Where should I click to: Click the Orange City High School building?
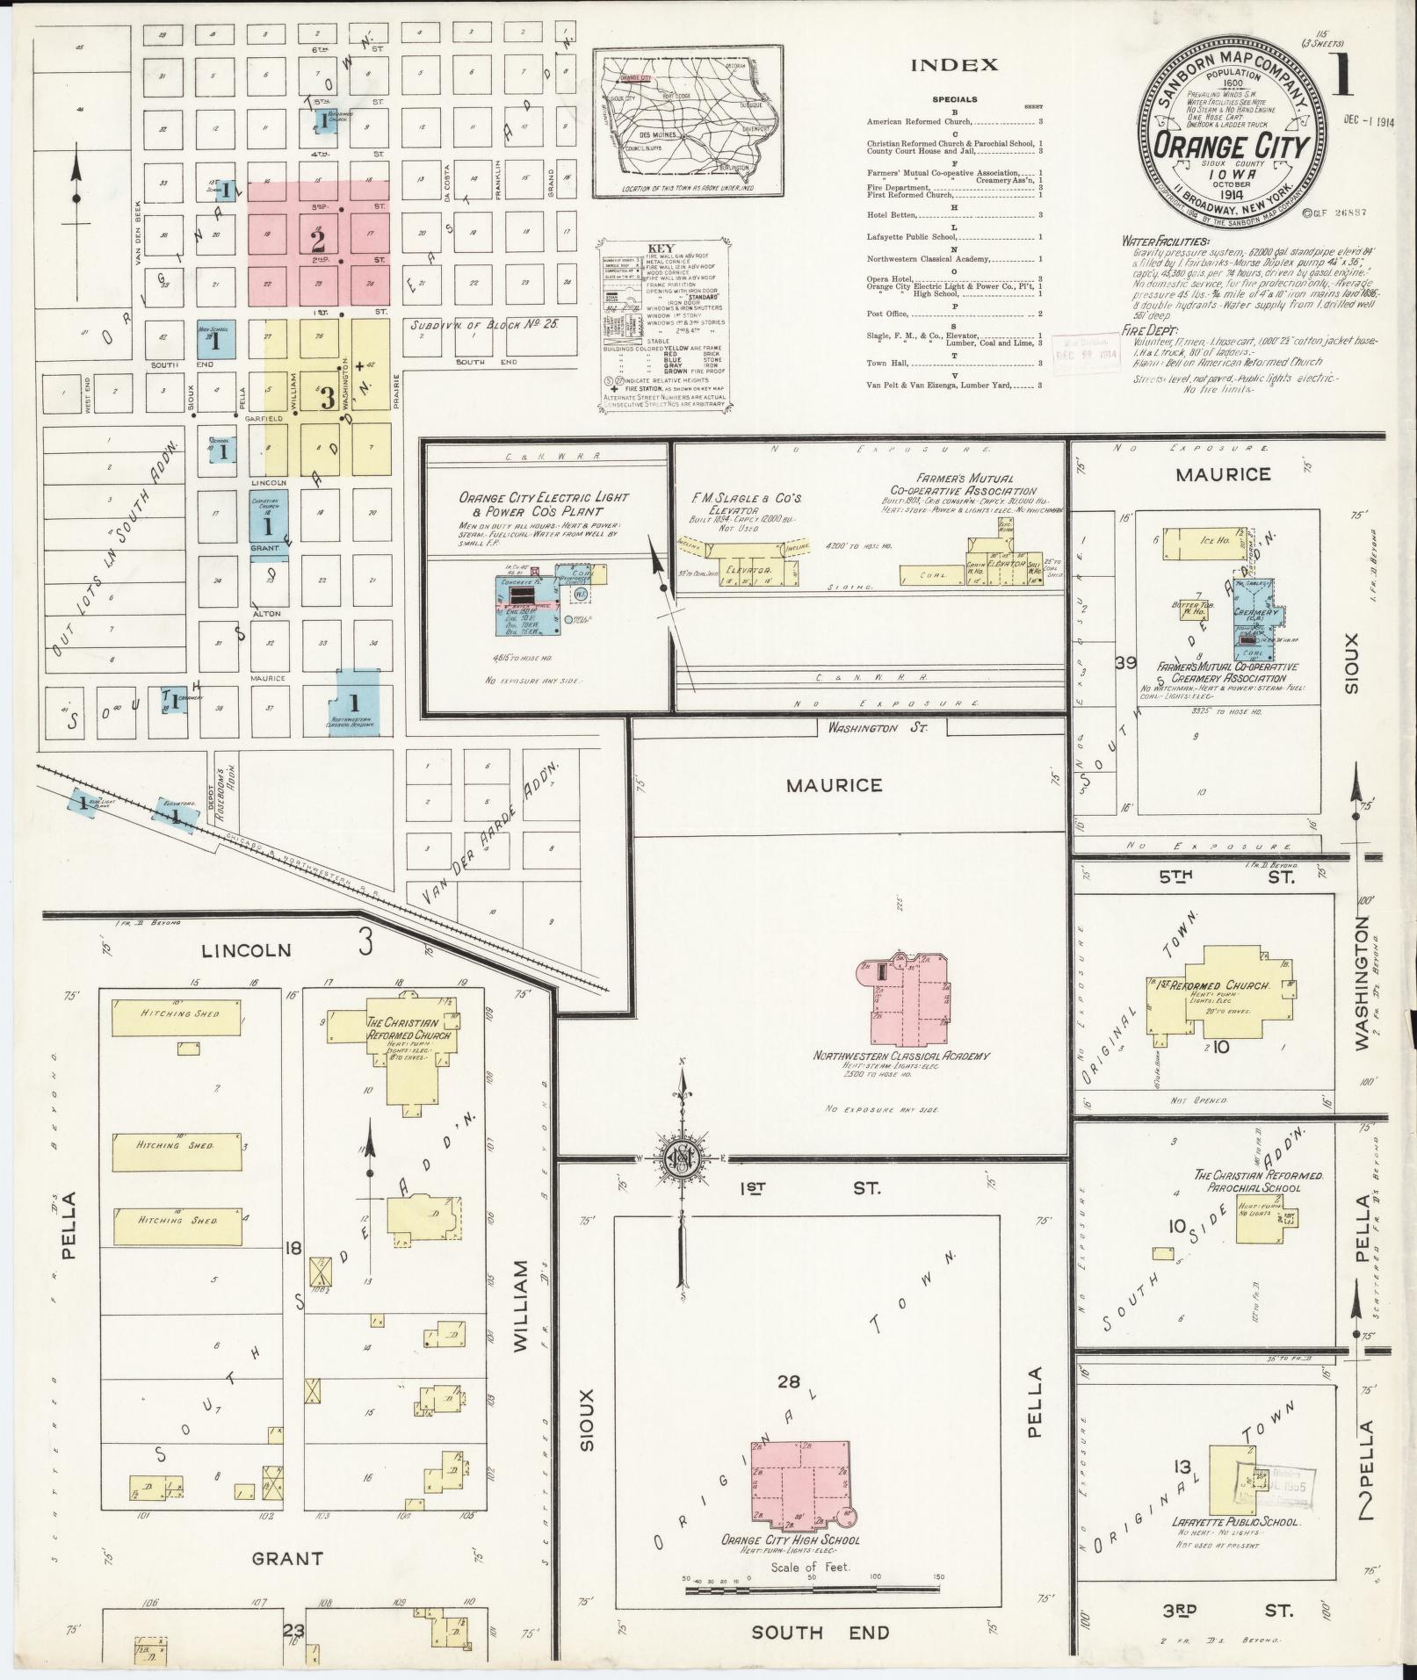(799, 1484)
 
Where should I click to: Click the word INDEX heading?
(954, 65)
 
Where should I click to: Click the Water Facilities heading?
(1165, 241)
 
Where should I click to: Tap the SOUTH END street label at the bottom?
(799, 1632)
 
